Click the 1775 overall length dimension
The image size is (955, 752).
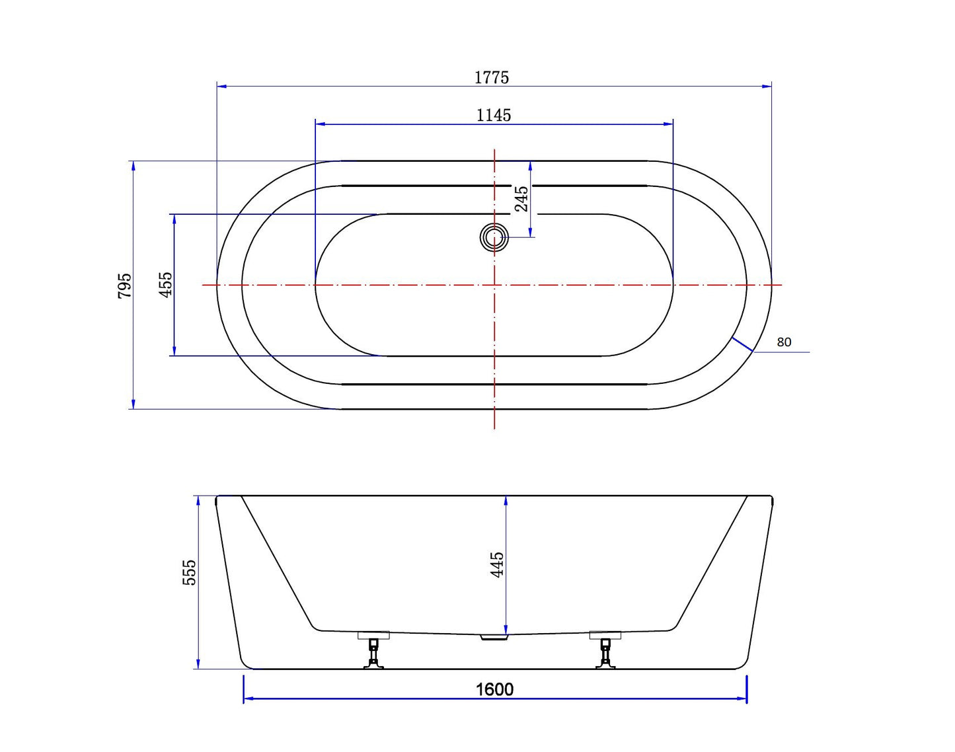pyautogui.click(x=491, y=77)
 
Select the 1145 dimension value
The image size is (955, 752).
pyautogui.click(x=494, y=116)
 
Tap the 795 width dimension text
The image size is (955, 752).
pyautogui.click(x=125, y=285)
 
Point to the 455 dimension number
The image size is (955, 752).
pyautogui.click(x=165, y=285)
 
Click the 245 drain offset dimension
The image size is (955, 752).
pyautogui.click(x=522, y=199)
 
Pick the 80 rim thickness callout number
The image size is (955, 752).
pyautogui.click(x=784, y=342)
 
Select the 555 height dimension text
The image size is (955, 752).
pyautogui.click(x=190, y=572)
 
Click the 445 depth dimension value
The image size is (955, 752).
pyautogui.click(x=497, y=564)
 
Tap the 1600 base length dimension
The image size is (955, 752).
pyautogui.click(x=494, y=689)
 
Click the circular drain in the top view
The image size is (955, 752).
pyautogui.click(x=494, y=238)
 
